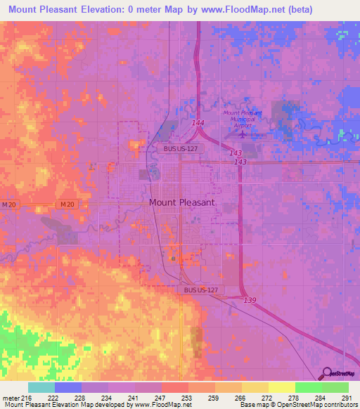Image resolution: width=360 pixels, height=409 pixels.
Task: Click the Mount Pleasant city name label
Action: (x=182, y=202)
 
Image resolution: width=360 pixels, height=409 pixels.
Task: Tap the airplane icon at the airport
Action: (x=243, y=134)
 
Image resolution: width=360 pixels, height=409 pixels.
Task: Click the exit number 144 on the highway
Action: (x=198, y=123)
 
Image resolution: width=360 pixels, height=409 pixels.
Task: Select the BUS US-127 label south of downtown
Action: (x=200, y=290)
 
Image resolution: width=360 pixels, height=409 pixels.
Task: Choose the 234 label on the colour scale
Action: (x=108, y=397)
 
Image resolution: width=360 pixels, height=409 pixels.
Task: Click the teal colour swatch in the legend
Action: (x=41, y=387)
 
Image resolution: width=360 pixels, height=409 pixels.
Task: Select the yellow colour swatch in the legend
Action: (x=281, y=387)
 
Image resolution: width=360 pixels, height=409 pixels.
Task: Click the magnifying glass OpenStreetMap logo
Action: (x=326, y=374)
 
